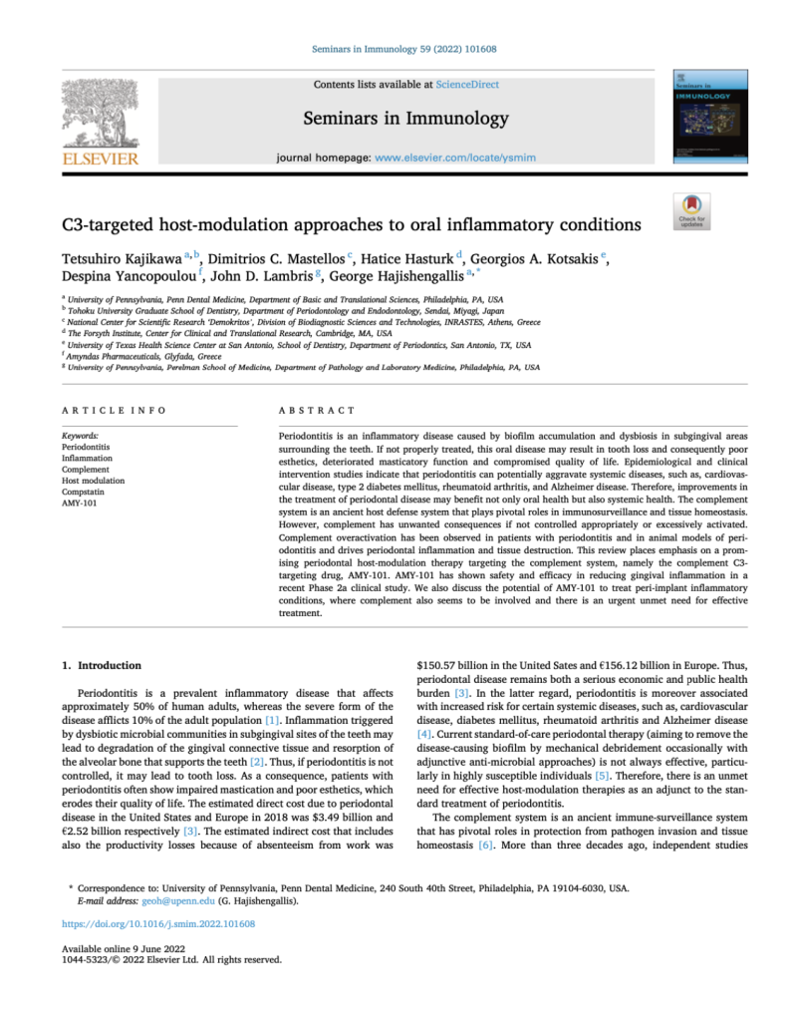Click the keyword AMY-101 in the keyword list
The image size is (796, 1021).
click(x=81, y=506)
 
